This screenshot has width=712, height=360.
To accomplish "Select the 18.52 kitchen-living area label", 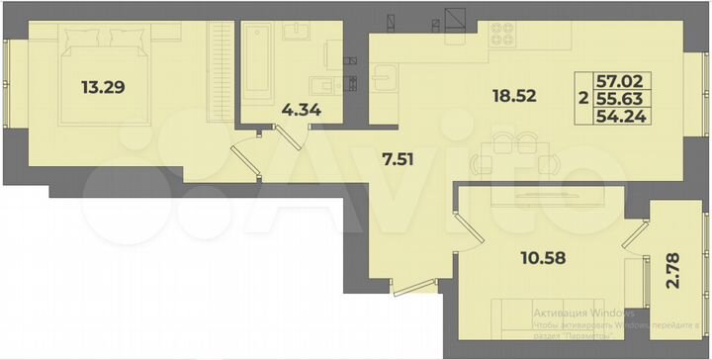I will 514,96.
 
